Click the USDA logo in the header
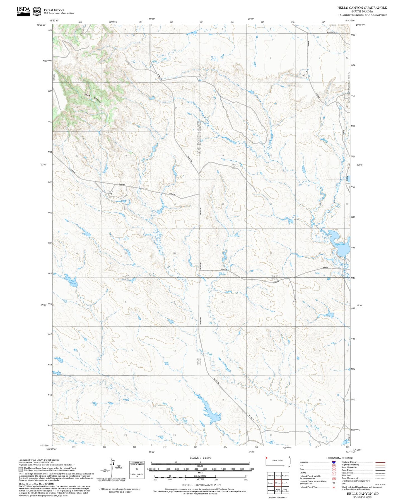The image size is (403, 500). tap(23, 11)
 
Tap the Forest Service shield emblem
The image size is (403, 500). tap(37, 11)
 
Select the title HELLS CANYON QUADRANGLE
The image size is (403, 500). tap(362, 8)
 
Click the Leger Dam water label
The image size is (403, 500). tap(340, 244)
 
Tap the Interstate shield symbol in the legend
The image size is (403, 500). tap(334, 462)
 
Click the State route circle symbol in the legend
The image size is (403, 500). tap(334, 469)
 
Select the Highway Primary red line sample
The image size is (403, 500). tap(380, 462)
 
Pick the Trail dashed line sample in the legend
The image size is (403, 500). tap(380, 484)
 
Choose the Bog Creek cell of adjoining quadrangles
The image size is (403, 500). tap(285, 475)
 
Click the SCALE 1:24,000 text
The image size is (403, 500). tap(200, 458)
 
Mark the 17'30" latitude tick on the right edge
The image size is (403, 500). tap(359, 305)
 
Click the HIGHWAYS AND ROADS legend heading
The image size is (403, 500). tap(339, 458)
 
